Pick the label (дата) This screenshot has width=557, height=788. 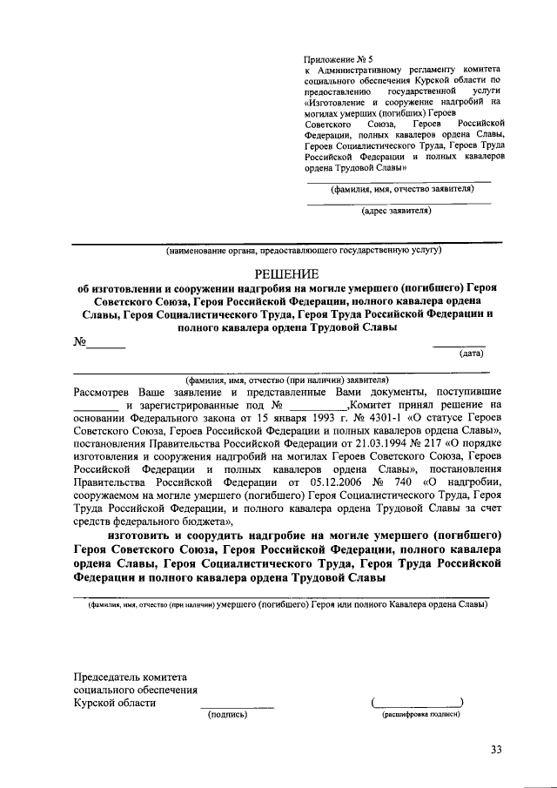point(471,354)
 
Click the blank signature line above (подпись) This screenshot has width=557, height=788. point(237,705)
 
